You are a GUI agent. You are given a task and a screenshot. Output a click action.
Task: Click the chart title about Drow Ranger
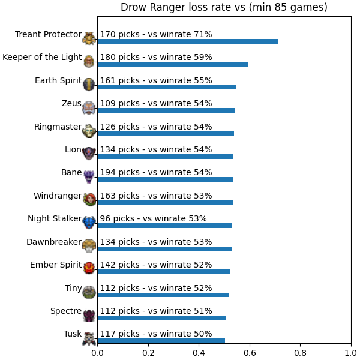point(224,7)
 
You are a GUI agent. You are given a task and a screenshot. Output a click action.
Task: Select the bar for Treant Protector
point(188,41)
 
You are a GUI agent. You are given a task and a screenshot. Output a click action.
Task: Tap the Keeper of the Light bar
point(173,64)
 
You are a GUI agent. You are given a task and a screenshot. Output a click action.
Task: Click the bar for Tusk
point(161,341)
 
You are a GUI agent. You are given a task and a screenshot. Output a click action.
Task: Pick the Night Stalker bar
point(165,226)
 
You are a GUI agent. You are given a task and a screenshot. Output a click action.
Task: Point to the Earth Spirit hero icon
point(89,84)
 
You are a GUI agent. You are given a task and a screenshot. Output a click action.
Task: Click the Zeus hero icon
point(89,107)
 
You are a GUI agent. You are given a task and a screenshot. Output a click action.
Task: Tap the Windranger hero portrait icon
point(89,200)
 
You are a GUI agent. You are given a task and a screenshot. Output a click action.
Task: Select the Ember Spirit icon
point(89,268)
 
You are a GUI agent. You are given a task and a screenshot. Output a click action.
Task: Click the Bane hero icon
point(89,177)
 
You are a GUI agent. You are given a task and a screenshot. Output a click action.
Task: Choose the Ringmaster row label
point(58,127)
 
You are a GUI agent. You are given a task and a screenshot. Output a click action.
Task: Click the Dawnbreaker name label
point(54,242)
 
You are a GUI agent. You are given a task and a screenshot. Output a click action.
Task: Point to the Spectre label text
point(66,311)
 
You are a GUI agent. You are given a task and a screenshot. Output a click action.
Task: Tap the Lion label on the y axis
point(73,149)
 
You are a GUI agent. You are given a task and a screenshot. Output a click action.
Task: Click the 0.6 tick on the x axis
point(250,353)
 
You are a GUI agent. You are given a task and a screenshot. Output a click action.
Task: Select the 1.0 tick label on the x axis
point(351,353)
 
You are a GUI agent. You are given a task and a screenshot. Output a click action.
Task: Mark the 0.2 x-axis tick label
point(148,353)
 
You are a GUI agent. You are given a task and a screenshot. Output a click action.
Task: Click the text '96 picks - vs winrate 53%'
point(154,218)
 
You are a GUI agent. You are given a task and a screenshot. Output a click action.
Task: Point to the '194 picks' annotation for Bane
point(120,172)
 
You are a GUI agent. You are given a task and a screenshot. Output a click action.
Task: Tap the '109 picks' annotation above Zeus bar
point(120,103)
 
